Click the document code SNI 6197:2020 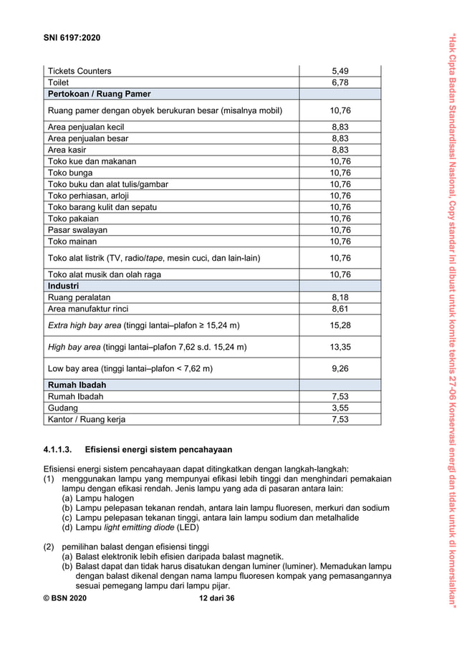point(72,37)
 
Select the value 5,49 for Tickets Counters point(340,71)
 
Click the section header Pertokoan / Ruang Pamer point(99,94)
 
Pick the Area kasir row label point(69,150)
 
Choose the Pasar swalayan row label point(78,230)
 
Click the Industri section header point(63,286)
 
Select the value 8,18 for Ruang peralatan point(340,297)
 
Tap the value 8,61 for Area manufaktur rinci point(340,309)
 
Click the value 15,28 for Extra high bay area point(340,325)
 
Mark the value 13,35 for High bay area point(340,347)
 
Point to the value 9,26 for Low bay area point(340,368)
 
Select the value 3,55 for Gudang point(340,408)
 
